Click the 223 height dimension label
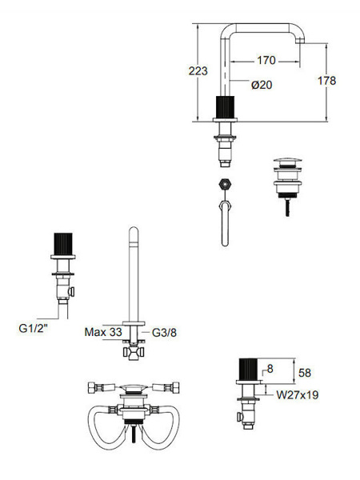point(198,71)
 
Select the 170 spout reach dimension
point(266,60)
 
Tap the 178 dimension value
point(326,81)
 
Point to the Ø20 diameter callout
point(262,85)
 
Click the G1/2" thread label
point(34,329)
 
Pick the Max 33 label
point(103,332)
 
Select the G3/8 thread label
point(164,333)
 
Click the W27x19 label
point(298,395)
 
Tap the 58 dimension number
point(305,373)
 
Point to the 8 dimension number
point(270,369)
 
